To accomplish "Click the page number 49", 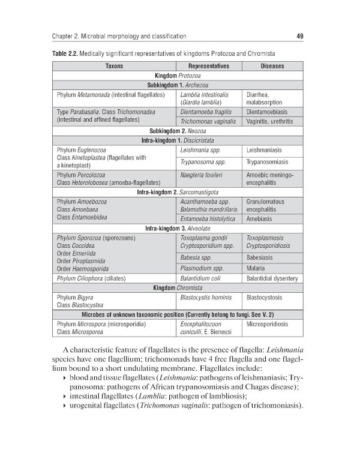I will point(299,36).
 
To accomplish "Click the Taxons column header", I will point(114,66).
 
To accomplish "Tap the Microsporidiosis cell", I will point(268,323).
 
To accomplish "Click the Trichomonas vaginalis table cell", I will point(208,121).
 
